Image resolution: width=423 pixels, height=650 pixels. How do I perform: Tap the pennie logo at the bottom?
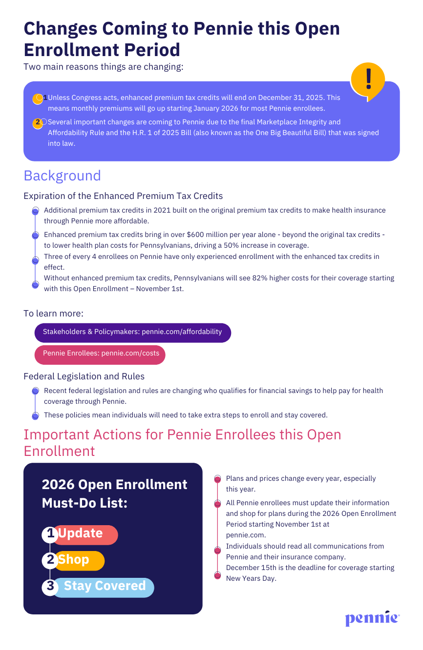[372, 618]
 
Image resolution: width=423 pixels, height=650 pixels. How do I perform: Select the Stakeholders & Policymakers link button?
[132, 332]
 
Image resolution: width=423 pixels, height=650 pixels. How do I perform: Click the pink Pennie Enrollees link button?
[100, 354]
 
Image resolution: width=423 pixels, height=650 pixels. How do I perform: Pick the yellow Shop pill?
[78, 560]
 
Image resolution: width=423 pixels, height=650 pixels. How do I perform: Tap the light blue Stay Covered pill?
[104, 586]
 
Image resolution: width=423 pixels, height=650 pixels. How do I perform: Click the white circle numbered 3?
[50, 586]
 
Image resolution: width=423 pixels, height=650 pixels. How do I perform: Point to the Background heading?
[62, 176]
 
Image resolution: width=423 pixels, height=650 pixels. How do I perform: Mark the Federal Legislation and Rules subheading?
[84, 376]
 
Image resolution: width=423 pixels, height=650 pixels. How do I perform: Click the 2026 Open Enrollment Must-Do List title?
[114, 493]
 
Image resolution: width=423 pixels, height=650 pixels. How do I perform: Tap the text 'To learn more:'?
[54, 313]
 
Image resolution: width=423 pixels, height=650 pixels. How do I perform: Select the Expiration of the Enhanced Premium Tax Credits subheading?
[123, 196]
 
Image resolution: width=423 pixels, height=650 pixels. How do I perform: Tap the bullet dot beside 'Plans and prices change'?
[217, 479]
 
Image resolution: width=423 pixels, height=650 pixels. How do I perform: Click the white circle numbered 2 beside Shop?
[50, 560]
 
